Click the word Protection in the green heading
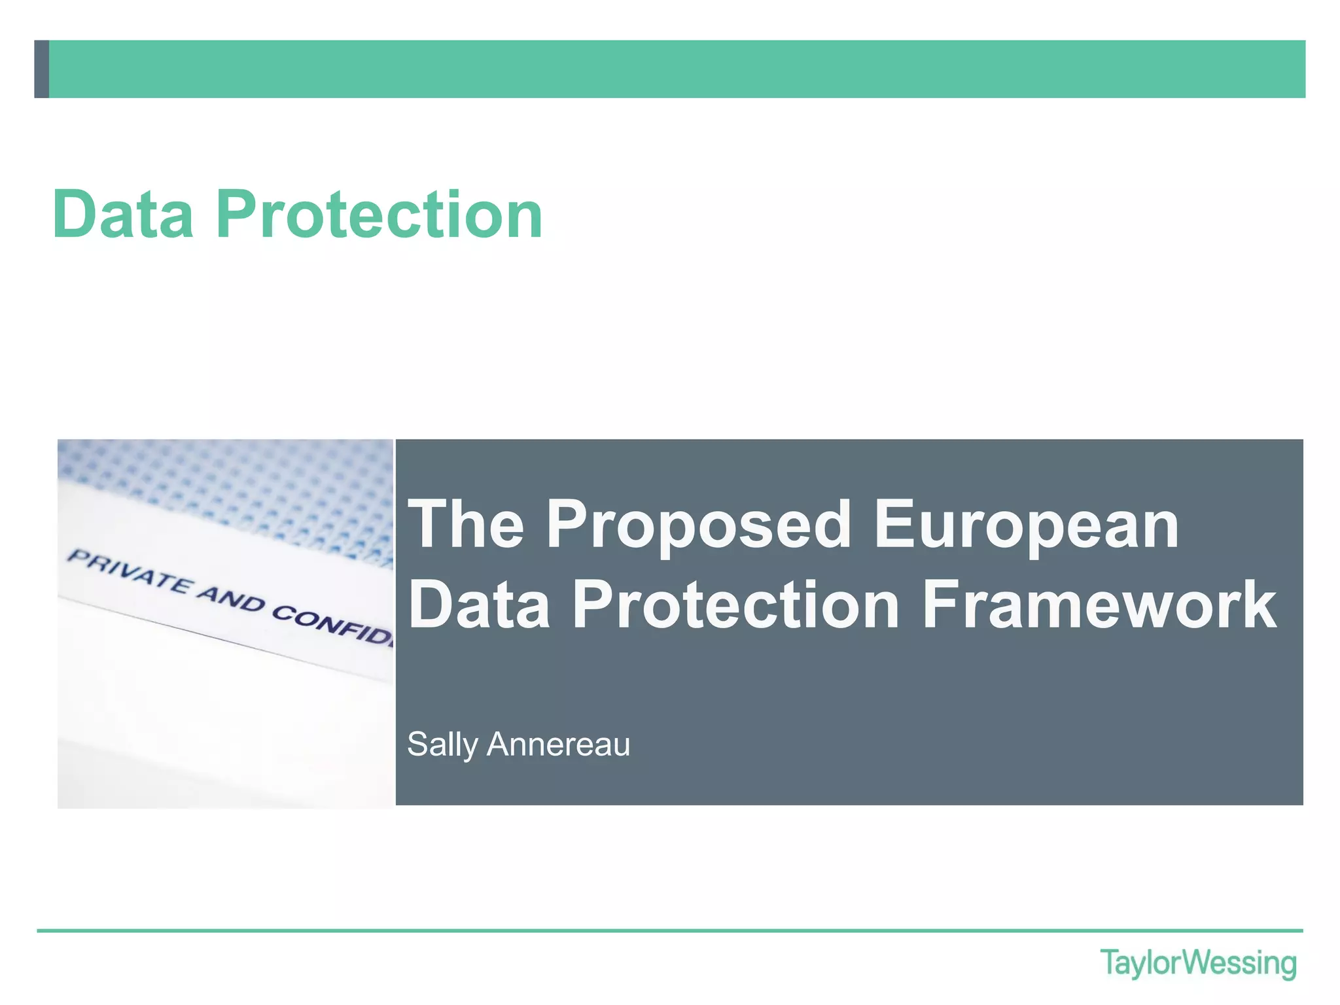point(379,214)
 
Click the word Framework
point(1099,605)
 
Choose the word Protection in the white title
point(736,605)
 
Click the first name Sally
point(442,745)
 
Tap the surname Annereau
point(558,745)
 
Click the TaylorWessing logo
point(1198,964)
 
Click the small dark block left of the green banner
point(41,69)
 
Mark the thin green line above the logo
point(670,930)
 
